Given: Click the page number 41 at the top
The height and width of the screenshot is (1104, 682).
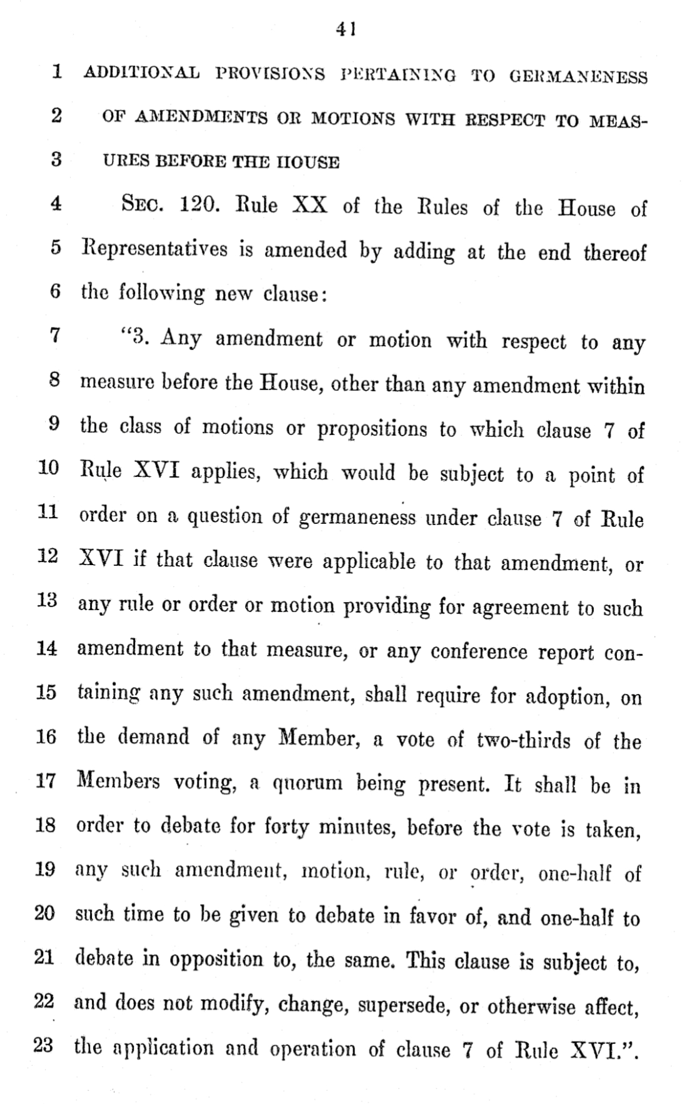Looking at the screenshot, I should point(346,29).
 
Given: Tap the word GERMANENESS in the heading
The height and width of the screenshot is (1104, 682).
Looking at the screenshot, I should point(578,77).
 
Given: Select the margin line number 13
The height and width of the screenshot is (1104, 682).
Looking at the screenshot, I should point(47,601).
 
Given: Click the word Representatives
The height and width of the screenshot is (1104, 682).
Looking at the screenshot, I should point(154,249).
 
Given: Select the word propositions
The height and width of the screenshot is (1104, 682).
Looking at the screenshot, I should point(371,429).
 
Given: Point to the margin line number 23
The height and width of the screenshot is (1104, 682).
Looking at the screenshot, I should point(44,1045).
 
